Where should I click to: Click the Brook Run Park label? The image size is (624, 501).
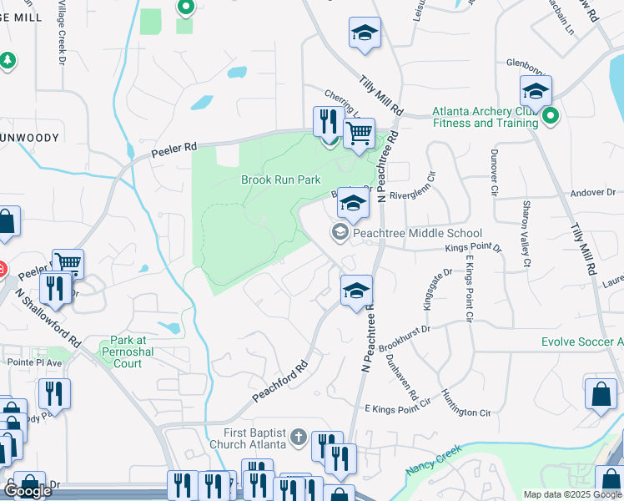tap(281, 180)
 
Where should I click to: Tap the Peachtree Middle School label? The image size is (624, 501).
tap(417, 233)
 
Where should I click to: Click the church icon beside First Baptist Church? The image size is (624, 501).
tap(299, 438)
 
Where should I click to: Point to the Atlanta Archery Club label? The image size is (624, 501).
tap(485, 117)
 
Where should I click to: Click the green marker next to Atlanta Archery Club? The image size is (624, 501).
tap(548, 116)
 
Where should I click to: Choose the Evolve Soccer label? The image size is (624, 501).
tap(581, 342)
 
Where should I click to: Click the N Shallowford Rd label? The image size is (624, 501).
tap(48, 319)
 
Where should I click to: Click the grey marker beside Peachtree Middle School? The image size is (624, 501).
tap(340, 232)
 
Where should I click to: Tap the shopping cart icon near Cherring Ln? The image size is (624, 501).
tap(359, 132)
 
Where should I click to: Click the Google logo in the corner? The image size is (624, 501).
tap(28, 491)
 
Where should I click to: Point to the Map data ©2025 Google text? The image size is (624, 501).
tap(571, 494)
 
